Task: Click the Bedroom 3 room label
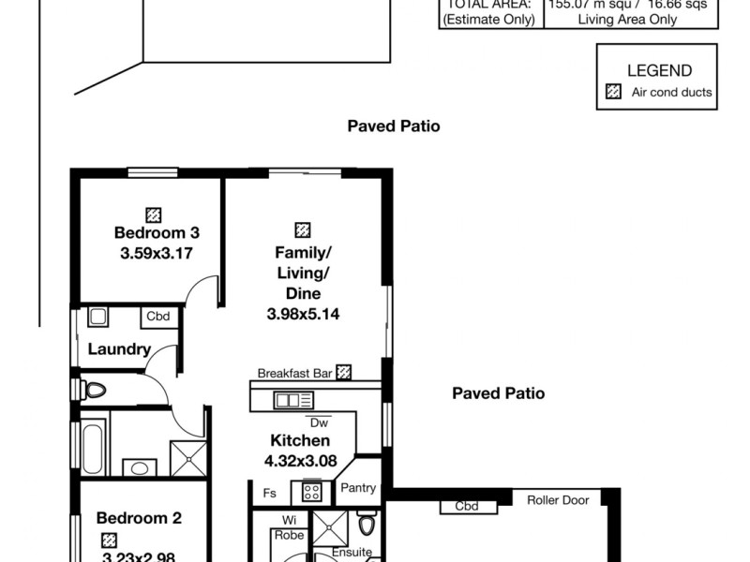157,232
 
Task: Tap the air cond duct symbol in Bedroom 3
153,214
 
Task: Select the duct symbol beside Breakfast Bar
344,372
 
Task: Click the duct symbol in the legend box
614,92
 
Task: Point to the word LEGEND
659,70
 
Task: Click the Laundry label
119,349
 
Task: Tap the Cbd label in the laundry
157,317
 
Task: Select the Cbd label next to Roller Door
467,507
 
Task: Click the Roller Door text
558,500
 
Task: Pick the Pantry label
358,487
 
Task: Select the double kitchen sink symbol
287,400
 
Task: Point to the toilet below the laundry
93,389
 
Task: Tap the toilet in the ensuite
367,523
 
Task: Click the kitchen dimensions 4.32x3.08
300,460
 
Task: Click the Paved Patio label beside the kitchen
498,393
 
